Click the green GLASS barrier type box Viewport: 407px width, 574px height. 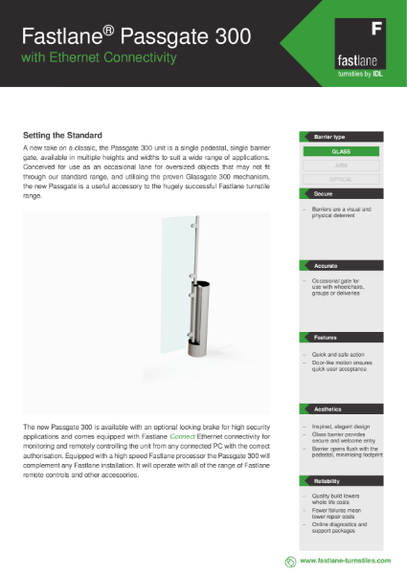342,151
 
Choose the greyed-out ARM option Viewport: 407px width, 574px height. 342,165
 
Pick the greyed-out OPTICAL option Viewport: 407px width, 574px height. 342,178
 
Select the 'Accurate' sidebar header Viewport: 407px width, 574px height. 326,265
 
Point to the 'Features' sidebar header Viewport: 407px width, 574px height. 326,338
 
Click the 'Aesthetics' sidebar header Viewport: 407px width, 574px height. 328,409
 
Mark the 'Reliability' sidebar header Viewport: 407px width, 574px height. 328,481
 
